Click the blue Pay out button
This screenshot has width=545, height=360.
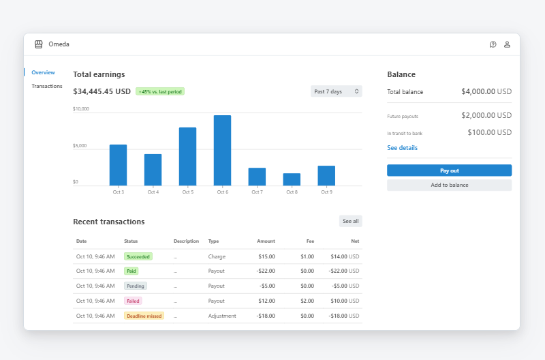pos(449,170)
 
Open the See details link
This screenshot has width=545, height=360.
pos(402,148)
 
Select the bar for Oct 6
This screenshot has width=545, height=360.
pos(222,150)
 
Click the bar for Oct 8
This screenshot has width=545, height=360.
pos(292,179)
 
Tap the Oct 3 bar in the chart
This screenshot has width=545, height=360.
pos(118,165)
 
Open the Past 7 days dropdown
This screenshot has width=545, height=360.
pos(337,91)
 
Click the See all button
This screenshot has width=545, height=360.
pos(350,221)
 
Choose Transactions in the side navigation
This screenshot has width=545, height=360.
pos(47,86)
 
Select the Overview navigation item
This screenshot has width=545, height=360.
pos(43,72)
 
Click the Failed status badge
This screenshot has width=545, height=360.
pos(133,301)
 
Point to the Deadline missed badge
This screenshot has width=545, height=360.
pos(144,316)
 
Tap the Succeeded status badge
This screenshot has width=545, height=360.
pos(138,256)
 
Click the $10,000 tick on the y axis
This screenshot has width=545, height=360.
pos(81,109)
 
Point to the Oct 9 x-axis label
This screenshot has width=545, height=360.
pos(326,192)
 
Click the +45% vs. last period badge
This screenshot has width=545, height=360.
pos(160,91)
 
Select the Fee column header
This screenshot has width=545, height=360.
pos(310,241)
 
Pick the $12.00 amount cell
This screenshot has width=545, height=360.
pos(266,301)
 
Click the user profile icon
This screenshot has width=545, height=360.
pos(507,44)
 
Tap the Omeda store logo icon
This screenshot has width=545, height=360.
pos(39,44)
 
